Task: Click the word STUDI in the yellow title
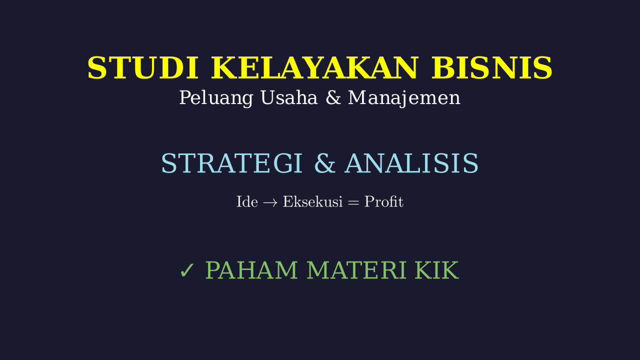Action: [x=143, y=67]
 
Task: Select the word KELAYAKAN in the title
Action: [x=315, y=67]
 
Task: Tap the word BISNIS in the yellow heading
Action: [x=491, y=67]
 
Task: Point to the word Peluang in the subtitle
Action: [x=216, y=98]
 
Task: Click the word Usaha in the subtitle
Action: [x=289, y=97]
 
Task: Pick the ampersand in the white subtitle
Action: [x=333, y=97]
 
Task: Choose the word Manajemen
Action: [x=404, y=98]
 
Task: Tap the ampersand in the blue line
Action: [x=324, y=163]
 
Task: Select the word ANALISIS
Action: [x=411, y=163]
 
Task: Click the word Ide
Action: [x=247, y=201]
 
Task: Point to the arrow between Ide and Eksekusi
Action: [x=270, y=203]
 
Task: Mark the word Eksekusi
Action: [x=312, y=201]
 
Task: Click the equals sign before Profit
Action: [x=353, y=202]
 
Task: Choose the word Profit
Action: [x=383, y=201]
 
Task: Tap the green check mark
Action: [x=187, y=270]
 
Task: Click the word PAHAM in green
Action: [x=251, y=270]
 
